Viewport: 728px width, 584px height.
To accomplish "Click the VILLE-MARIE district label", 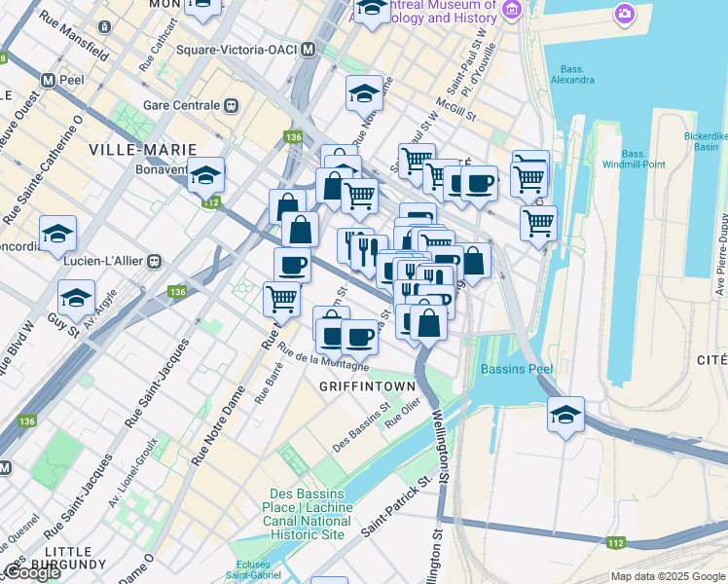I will (142, 149).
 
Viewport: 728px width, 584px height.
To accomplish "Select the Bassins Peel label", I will (516, 370).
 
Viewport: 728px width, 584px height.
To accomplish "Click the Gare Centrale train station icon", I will (232, 105).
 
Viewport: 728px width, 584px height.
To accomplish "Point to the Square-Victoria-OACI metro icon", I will (309, 49).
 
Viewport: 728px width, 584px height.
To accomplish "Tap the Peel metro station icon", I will (47, 78).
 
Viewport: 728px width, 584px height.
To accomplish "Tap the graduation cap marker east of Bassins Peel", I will (565, 414).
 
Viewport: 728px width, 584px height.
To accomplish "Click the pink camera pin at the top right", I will (623, 14).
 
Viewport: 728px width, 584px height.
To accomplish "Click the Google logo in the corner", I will (32, 572).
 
